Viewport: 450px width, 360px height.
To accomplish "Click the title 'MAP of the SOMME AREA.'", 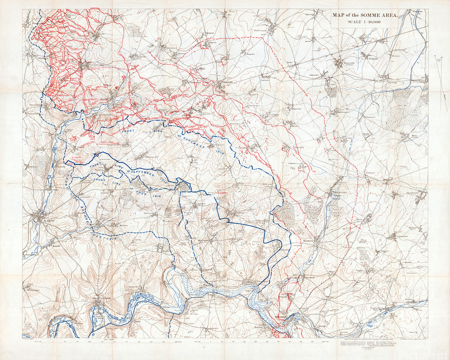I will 365,16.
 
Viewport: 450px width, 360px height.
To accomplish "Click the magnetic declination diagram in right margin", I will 440,80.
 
